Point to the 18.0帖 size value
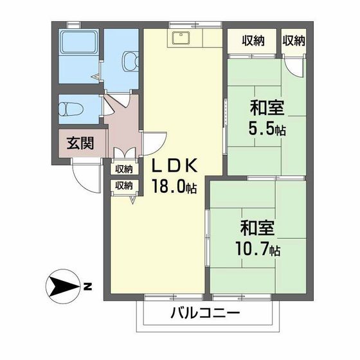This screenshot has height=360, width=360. [174, 186]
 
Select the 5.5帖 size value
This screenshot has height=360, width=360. [267, 129]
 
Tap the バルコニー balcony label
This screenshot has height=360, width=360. [205, 314]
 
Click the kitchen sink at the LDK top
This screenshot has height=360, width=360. [179, 39]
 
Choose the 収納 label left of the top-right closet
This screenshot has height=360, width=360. [253, 42]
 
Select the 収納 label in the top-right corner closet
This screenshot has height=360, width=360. [293, 42]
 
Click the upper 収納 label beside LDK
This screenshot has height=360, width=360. [124, 169]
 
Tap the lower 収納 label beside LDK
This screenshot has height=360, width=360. [124, 185]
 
